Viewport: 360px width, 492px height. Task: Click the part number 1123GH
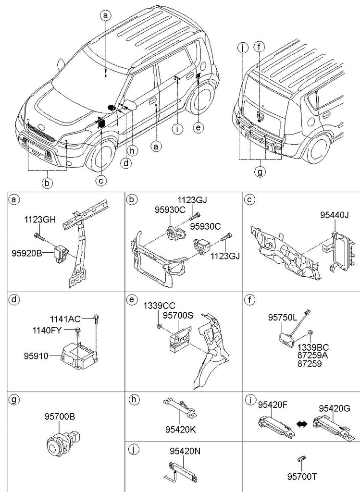click(x=40, y=220)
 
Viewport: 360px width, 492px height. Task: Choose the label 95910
click(x=36, y=356)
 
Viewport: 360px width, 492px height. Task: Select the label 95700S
click(x=178, y=316)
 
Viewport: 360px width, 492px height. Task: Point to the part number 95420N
click(x=184, y=451)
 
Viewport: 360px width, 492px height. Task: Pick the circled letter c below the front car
click(x=101, y=181)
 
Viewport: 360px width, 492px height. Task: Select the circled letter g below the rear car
click(x=260, y=172)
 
